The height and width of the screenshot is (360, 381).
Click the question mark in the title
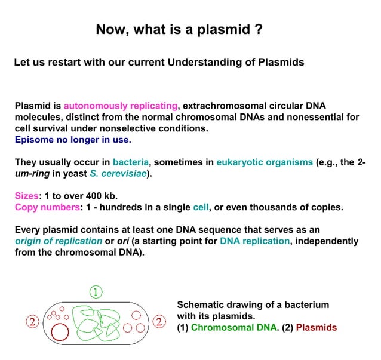[x=259, y=29]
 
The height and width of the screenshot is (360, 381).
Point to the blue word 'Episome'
[x=35, y=140]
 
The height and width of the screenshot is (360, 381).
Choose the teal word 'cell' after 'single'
[x=200, y=207]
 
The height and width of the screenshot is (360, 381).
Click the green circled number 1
[x=96, y=291]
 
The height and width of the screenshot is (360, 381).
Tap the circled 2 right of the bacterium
[x=159, y=322]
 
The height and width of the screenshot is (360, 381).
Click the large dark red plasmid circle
[x=60, y=331]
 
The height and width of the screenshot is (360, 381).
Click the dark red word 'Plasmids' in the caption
[x=317, y=327]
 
